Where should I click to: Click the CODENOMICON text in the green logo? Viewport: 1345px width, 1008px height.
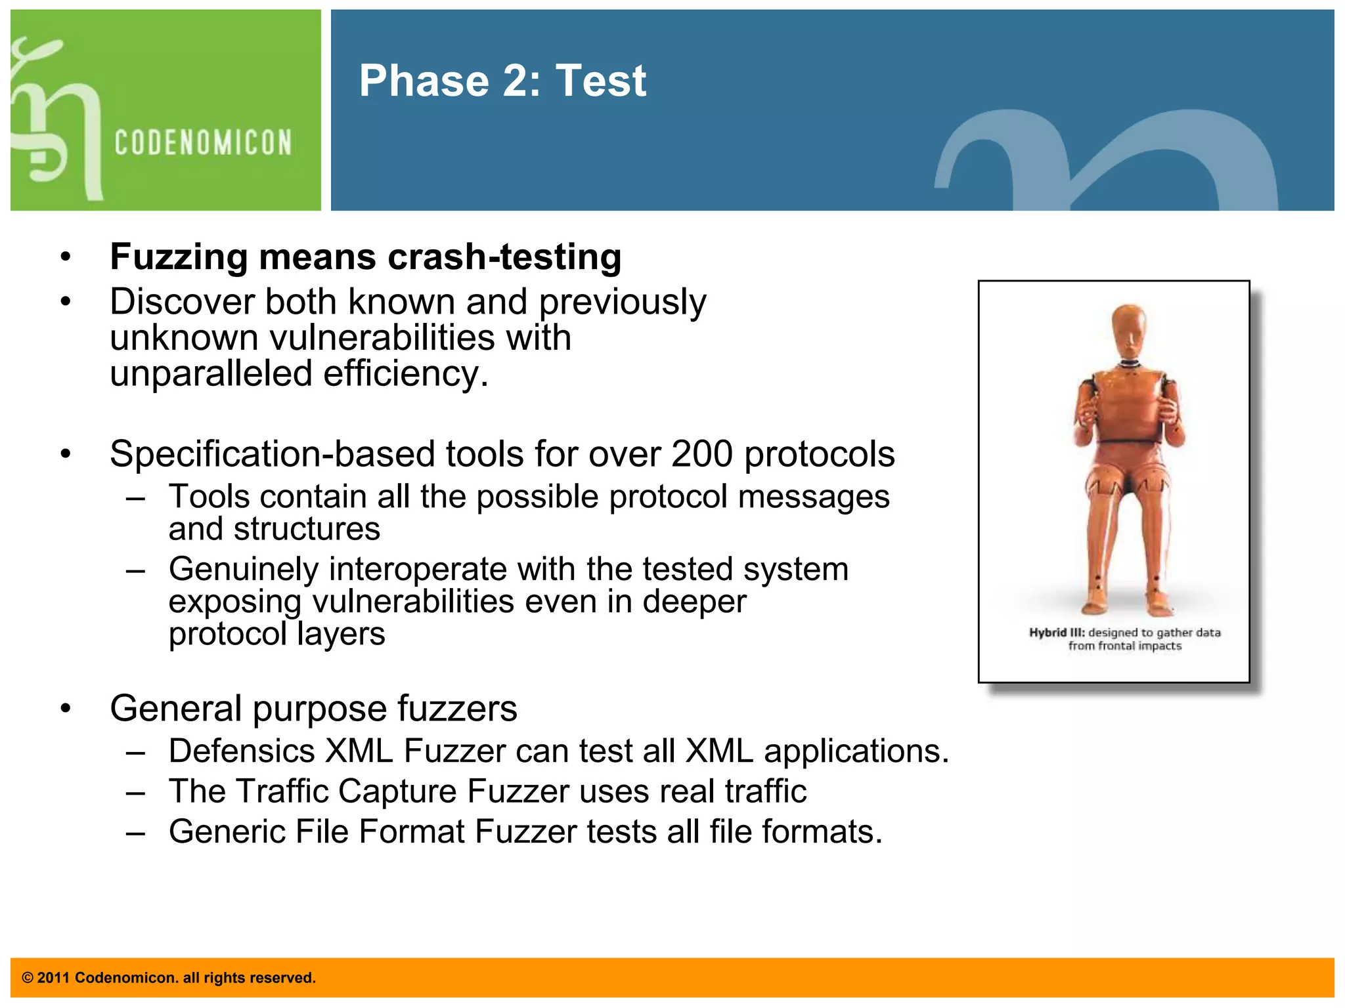point(203,142)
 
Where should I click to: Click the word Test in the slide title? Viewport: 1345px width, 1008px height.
point(601,81)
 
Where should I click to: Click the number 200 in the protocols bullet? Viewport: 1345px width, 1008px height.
point(701,453)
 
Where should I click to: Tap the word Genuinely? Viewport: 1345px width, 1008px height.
point(243,569)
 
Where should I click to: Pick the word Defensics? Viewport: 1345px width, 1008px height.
point(241,751)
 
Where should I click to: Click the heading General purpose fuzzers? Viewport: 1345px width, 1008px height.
point(313,709)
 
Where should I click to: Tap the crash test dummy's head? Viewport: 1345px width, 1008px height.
point(1129,328)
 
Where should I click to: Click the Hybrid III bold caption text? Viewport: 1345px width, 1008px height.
point(1056,633)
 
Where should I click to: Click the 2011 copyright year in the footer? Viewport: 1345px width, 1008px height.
point(53,978)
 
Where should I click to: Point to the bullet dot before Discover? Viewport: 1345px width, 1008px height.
point(65,302)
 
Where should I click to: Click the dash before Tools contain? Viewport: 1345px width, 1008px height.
point(136,497)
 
